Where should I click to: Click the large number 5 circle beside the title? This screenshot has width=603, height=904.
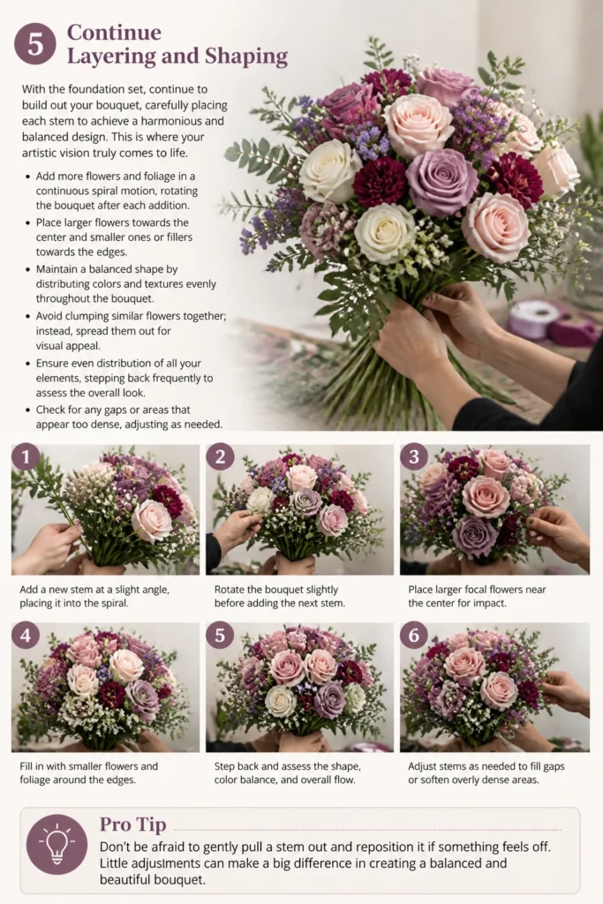pos(35,44)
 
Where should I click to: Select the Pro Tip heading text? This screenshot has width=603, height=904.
pos(133,825)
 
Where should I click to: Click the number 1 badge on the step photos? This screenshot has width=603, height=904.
pos(26,457)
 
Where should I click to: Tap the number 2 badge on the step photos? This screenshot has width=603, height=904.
pos(220,457)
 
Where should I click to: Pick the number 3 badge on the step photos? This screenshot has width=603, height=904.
pos(414,457)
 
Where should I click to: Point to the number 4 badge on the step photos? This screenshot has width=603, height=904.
pos(26,636)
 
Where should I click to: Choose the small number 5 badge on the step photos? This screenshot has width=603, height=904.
pos(220,636)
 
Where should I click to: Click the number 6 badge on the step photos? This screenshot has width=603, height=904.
pos(414,636)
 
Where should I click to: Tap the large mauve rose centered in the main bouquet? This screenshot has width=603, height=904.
pos(441,182)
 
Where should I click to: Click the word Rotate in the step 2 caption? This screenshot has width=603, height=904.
pos(230,590)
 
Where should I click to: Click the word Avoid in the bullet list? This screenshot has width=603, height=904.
pos(49,316)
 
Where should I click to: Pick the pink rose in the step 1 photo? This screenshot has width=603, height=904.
pos(152,520)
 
